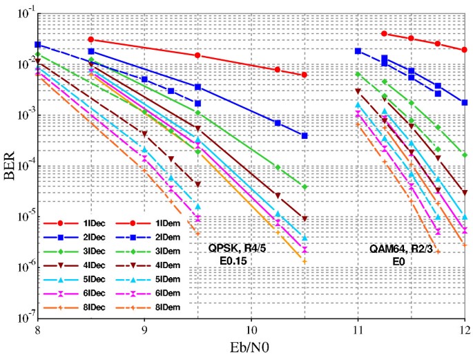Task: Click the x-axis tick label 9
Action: pyautogui.click(x=144, y=332)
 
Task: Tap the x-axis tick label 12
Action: pyautogui.click(x=463, y=332)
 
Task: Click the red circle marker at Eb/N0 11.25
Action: pyautogui.click(x=384, y=33)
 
